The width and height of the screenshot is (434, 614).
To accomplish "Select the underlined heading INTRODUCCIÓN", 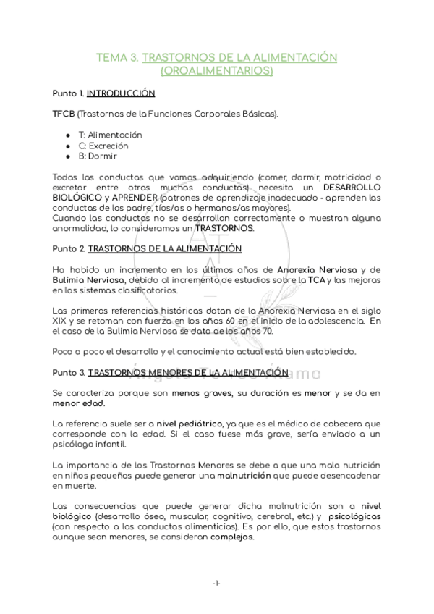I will click(x=121, y=93).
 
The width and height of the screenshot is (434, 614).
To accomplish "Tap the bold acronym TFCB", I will click(x=64, y=114).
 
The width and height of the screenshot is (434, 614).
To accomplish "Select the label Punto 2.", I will click(x=69, y=249).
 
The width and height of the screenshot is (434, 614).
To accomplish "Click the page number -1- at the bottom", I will click(x=216, y=584).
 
